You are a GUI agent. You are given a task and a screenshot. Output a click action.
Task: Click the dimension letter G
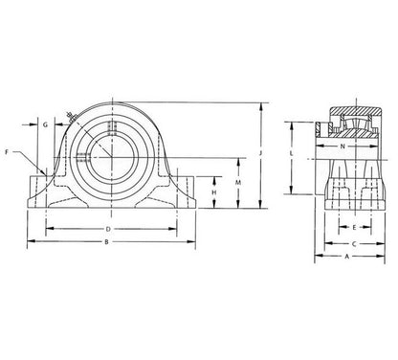tap(45, 124)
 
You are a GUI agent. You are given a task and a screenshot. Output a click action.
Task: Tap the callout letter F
tap(7, 152)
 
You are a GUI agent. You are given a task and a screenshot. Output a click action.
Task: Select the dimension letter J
tap(260, 153)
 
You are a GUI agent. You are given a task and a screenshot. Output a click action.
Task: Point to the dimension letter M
tap(238, 183)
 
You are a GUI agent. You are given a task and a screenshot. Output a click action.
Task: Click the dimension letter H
tap(214, 192)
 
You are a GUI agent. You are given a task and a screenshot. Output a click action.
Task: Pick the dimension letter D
tap(108, 229)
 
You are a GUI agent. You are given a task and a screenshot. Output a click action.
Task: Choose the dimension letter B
tap(107, 242)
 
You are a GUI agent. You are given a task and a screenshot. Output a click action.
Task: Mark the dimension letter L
tap(291, 153)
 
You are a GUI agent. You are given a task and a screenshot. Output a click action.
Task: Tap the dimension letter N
tap(343, 146)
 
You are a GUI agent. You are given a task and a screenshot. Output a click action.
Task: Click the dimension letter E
tap(354, 228)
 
